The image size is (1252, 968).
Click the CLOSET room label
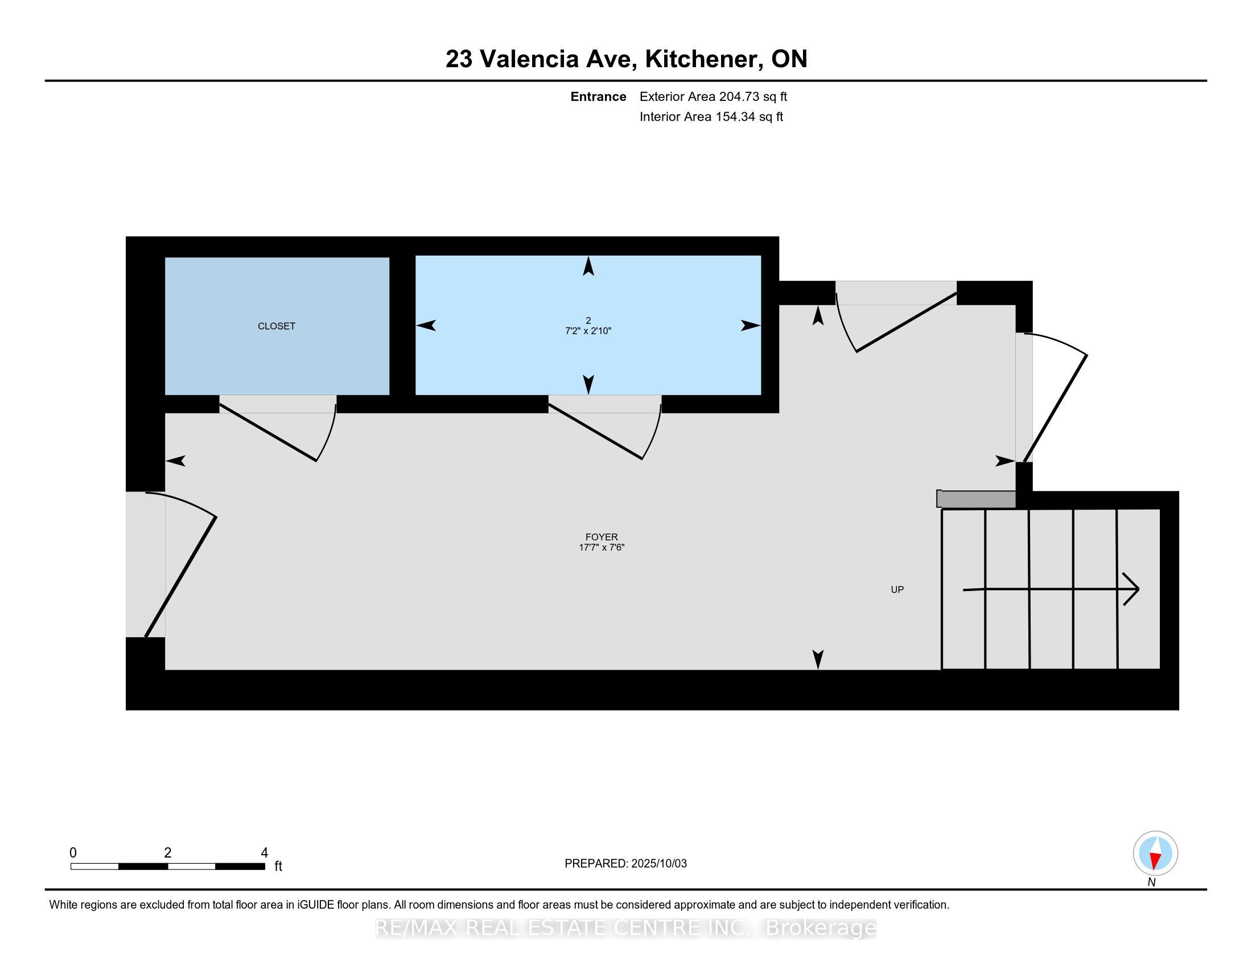tap(277, 326)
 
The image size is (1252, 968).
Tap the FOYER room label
tap(602, 537)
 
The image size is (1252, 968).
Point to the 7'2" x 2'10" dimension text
tap(588, 331)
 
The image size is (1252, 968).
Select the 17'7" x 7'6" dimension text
tap(602, 547)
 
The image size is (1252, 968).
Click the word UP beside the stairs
tap(897, 589)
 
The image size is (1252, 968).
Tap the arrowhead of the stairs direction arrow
tap(1131, 589)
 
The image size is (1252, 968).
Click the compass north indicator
tap(1155, 854)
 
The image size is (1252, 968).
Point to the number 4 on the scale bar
tap(264, 853)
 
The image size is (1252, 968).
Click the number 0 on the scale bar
tap(73, 853)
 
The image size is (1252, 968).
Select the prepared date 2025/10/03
tap(657, 864)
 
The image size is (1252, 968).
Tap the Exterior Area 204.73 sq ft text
tap(713, 97)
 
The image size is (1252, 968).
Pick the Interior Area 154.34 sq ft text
tap(711, 117)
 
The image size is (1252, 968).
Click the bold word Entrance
tap(598, 97)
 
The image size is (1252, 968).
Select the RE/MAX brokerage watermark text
tap(625, 928)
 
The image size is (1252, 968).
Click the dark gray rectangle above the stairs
tap(976, 499)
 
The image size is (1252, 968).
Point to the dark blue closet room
tap(277, 326)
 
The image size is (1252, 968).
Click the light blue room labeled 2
tap(588, 325)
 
